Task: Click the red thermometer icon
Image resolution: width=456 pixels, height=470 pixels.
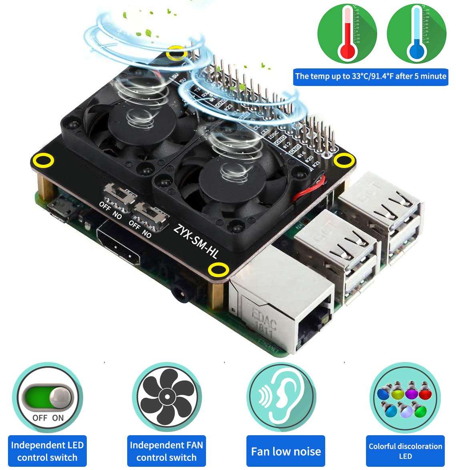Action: click(x=347, y=34)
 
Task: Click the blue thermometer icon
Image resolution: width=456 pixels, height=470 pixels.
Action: click(x=416, y=34)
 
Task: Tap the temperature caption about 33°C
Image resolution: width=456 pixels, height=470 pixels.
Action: click(x=370, y=76)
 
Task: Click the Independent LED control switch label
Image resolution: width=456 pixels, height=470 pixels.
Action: click(x=47, y=451)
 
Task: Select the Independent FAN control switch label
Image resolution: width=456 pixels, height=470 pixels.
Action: click(x=166, y=451)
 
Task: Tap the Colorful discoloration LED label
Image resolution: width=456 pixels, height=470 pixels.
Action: click(x=405, y=451)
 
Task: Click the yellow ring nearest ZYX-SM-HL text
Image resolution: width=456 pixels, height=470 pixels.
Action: click(x=219, y=270)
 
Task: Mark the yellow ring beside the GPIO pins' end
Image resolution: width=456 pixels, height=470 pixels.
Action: click(x=342, y=161)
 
